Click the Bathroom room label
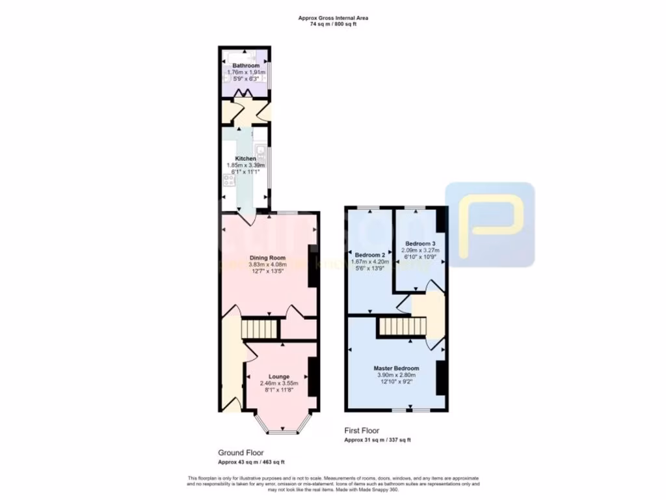tap(246, 66)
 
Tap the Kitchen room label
tap(245, 159)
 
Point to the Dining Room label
tap(268, 258)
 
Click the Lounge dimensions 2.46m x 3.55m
tap(280, 384)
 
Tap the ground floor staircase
tap(256, 329)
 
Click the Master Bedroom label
tap(396, 368)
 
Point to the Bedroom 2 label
tap(369, 254)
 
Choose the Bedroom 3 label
tap(420, 243)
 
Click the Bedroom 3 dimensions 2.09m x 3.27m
tap(420, 250)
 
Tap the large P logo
tap(490, 224)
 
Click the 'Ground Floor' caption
tap(241, 452)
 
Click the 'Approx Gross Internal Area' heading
tap(333, 18)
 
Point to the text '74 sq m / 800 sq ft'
tap(333, 24)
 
